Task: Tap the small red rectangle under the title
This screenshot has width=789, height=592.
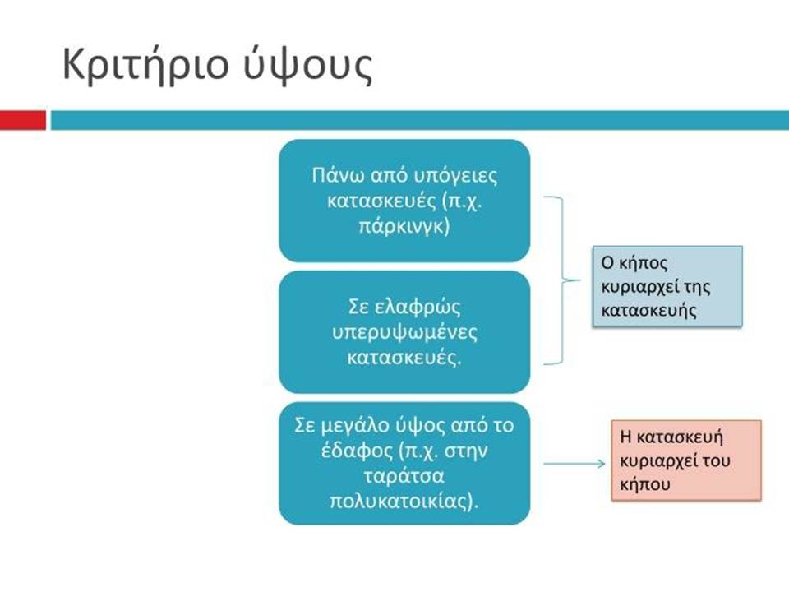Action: pyautogui.click(x=23, y=120)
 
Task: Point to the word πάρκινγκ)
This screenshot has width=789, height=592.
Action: pyautogui.click(x=404, y=225)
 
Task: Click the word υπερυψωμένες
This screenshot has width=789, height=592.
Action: pyautogui.click(x=404, y=333)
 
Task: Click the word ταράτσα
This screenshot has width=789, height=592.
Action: pyautogui.click(x=404, y=476)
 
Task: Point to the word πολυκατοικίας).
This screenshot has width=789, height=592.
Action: pyautogui.click(x=404, y=502)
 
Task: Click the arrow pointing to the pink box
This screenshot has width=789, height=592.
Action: pyautogui.click(x=574, y=464)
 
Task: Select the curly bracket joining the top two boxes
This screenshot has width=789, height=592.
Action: pyautogui.click(x=562, y=280)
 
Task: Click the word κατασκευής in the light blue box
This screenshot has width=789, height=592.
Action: pyautogui.click(x=648, y=310)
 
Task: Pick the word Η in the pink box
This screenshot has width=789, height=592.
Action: pyautogui.click(x=625, y=436)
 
